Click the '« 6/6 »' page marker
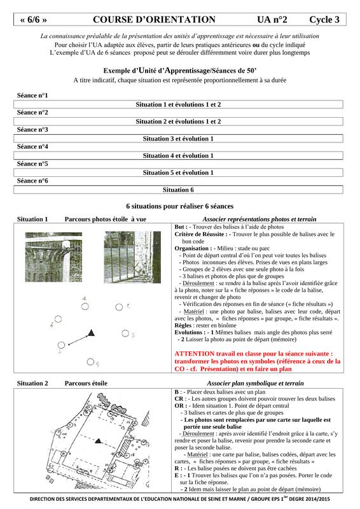pyautogui.click(x=33, y=20)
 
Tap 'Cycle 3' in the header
pyautogui.click(x=324, y=20)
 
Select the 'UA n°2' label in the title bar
pyautogui.click(x=272, y=20)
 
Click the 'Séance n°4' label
pyautogui.click(x=32, y=147)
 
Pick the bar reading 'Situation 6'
pyautogui.click(x=178, y=190)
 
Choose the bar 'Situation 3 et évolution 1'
pyautogui.click(x=178, y=139)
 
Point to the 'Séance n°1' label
pyautogui.click(x=32, y=95)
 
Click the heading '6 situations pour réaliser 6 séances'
pyautogui.click(x=180, y=206)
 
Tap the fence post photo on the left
pyautogui.click(x=53, y=257)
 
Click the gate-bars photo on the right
pyautogui.click(x=132, y=257)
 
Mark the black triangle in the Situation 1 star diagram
pyautogui.click(x=92, y=333)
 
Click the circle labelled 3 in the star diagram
pyautogui.click(x=125, y=333)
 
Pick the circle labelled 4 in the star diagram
pyautogui.click(x=90, y=361)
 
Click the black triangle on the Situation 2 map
pyautogui.click(x=98, y=441)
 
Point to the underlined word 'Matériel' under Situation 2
pyautogui.click(x=198, y=454)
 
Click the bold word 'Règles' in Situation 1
pyautogui.click(x=183, y=326)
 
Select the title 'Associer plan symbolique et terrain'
pyautogui.click(x=256, y=384)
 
